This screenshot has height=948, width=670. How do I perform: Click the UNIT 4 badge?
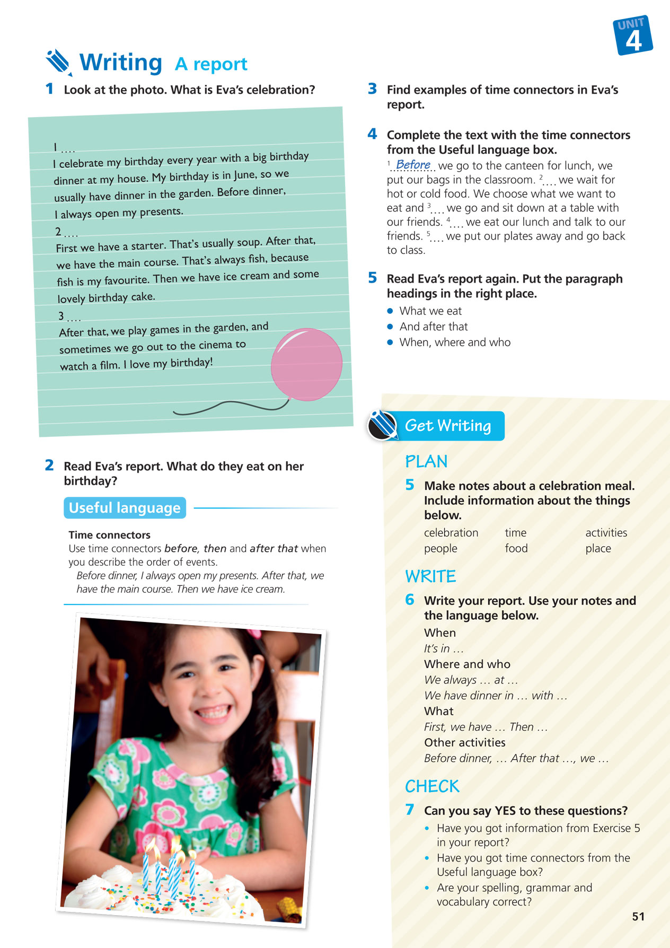point(633,36)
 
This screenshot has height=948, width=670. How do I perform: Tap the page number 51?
point(638,917)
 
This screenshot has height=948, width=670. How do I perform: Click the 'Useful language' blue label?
point(125,508)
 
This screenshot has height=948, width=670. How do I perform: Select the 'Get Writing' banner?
point(447,426)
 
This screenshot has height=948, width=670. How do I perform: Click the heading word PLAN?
point(426,462)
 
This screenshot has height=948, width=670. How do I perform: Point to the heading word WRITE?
point(430,576)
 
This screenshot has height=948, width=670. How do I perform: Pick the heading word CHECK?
point(432,786)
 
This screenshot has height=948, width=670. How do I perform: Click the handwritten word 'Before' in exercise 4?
point(413,165)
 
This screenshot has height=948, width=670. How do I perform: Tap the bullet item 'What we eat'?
point(430,311)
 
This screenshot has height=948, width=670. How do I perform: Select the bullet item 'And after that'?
point(434,327)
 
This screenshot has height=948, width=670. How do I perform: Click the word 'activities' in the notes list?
point(606,533)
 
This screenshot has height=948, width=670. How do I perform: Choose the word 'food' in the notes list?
point(516,548)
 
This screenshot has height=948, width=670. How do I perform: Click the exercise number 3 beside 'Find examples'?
point(372,89)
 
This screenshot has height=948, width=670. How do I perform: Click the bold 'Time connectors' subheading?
point(109,535)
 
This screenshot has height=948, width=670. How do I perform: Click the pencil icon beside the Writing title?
point(58,63)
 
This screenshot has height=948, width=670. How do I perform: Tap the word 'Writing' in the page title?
point(121,63)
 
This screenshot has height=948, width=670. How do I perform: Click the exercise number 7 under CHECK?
point(410,810)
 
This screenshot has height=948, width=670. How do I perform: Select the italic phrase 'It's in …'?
point(444,648)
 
